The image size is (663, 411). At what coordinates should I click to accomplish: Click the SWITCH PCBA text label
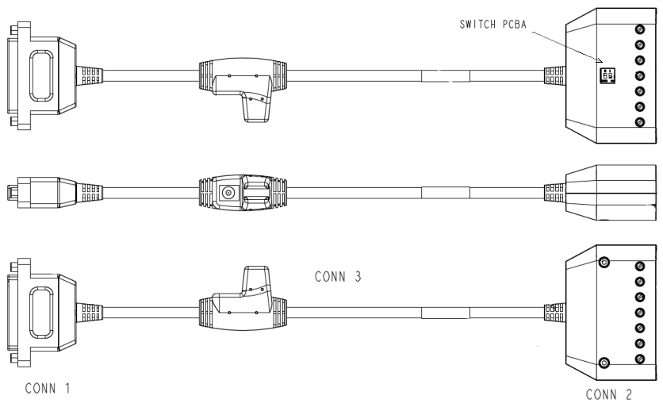click(x=493, y=24)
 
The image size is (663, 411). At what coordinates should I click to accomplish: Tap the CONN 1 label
click(x=48, y=388)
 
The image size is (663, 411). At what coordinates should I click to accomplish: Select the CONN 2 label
click(x=608, y=394)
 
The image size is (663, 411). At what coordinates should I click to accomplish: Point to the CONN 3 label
click(x=338, y=277)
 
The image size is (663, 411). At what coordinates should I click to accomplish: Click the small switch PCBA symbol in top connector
click(x=607, y=75)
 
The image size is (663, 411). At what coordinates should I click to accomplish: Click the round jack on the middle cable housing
click(x=228, y=194)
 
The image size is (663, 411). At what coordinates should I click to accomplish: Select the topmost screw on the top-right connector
click(x=640, y=29)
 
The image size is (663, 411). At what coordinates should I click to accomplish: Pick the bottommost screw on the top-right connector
click(x=640, y=122)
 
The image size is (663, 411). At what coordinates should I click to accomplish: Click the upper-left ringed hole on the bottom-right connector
click(x=604, y=262)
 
